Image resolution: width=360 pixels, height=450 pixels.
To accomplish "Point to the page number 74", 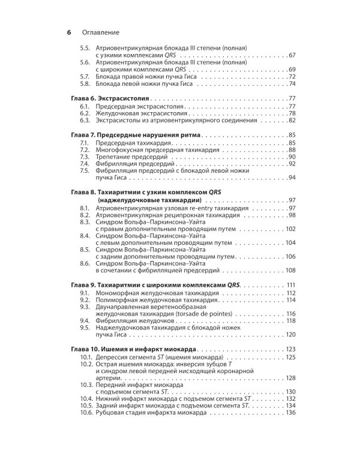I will point(292,83).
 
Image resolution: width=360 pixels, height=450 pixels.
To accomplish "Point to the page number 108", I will point(291,270).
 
